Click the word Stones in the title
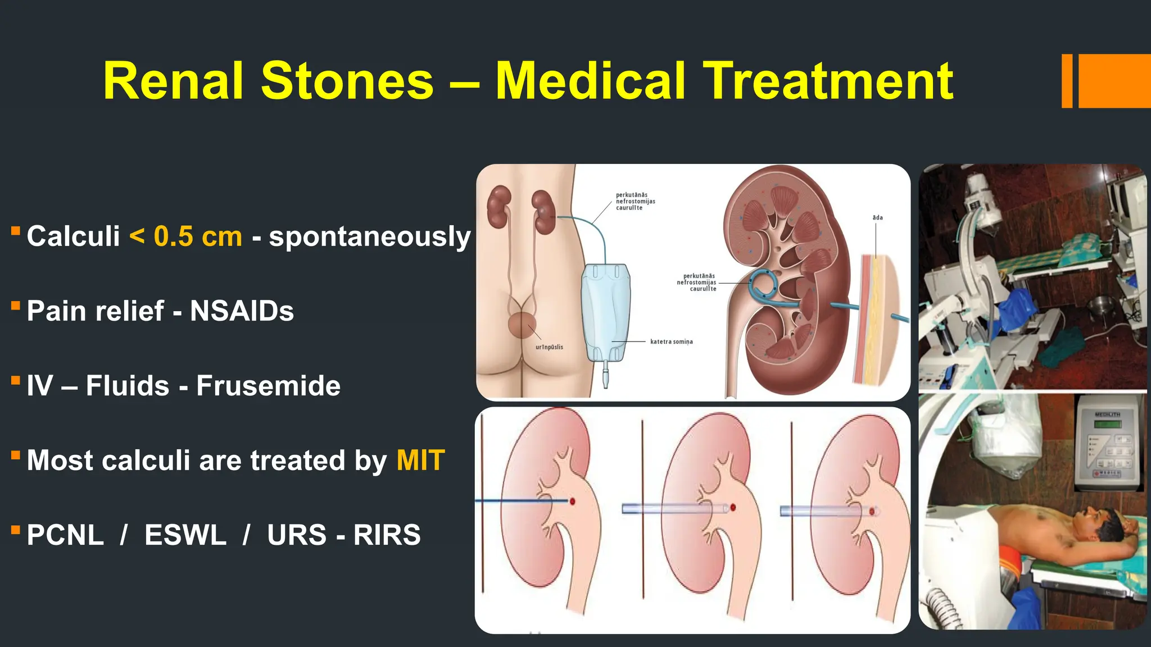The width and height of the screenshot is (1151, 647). (x=347, y=81)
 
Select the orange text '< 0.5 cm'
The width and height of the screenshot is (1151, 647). (x=186, y=236)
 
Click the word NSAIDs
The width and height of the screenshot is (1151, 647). (x=242, y=311)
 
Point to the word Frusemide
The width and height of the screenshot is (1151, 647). (x=268, y=386)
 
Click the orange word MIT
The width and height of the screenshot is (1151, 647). (x=420, y=461)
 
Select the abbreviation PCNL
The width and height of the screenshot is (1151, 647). (x=65, y=535)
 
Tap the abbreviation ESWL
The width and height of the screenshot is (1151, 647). (x=185, y=535)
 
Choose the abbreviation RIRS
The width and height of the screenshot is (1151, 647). (x=387, y=535)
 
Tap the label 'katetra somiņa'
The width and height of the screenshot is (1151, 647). (x=671, y=341)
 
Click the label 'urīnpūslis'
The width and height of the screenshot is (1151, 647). (x=549, y=347)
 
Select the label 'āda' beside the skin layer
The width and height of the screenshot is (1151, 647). (x=877, y=217)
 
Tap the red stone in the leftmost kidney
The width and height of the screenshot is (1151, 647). (x=573, y=501)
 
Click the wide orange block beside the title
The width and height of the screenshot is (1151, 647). (x=1114, y=81)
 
